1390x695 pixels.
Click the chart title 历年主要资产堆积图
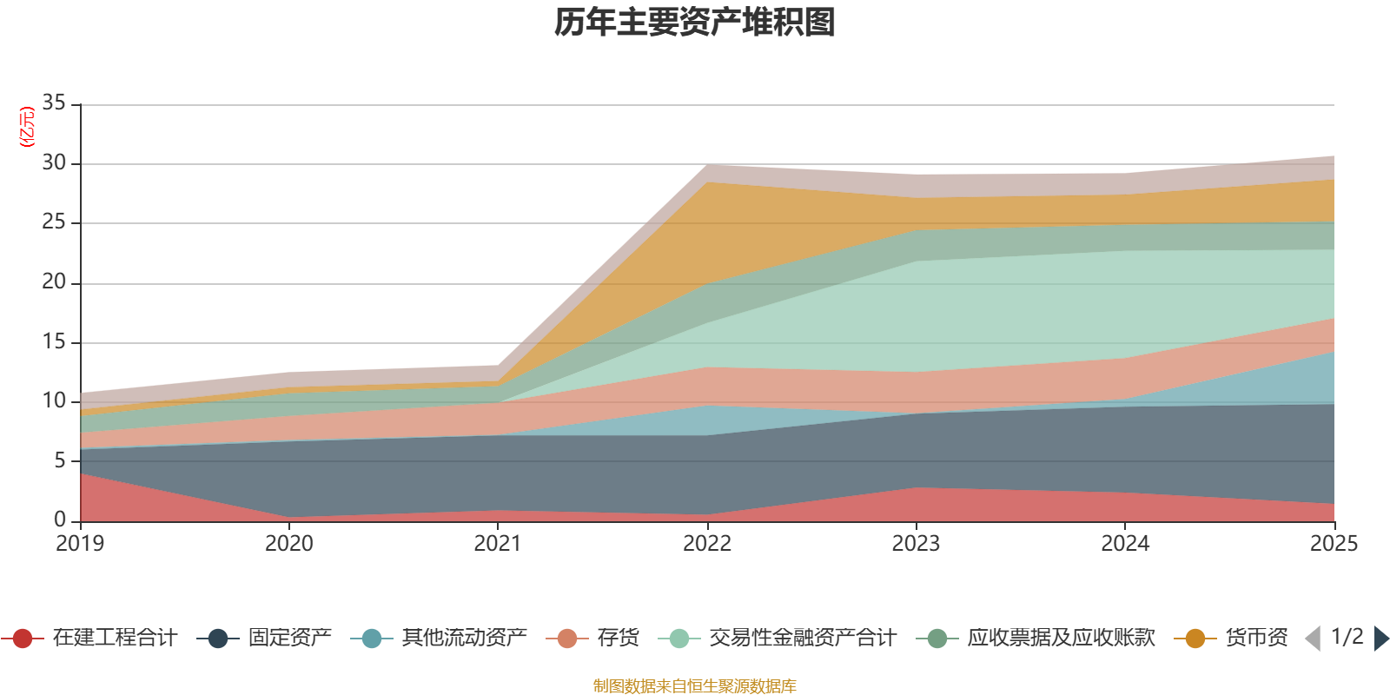point(694,23)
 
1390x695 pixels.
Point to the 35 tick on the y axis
point(54,103)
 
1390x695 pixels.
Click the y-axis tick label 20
point(54,282)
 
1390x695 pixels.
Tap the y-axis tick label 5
point(59,460)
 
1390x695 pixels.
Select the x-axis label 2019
point(80,544)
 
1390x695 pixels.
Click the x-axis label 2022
point(707,544)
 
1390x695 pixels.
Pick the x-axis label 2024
point(1125,544)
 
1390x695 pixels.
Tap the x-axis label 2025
point(1334,544)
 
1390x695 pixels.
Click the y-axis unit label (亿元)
point(27,127)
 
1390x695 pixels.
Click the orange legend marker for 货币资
point(1195,639)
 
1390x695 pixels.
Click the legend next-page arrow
point(1380,639)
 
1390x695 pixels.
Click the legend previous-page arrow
point(1313,639)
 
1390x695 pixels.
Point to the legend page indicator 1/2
point(1347,637)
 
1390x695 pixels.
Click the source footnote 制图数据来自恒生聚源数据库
point(694,686)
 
